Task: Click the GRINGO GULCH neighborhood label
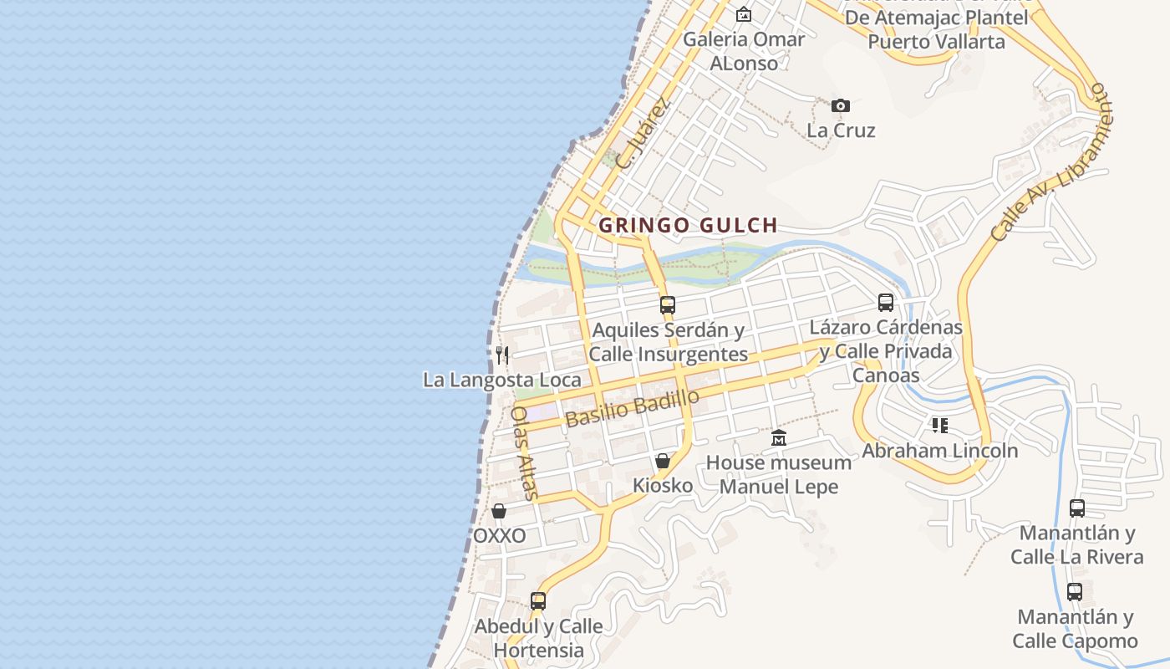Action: (688, 225)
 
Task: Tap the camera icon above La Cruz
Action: (841, 105)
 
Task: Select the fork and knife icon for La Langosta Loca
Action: (501, 355)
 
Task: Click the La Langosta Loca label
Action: (501, 380)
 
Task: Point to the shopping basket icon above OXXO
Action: (499, 511)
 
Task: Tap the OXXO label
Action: (500, 536)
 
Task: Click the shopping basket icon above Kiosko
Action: (663, 461)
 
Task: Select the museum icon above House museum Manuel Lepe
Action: (779, 438)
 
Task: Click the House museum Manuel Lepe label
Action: (779, 474)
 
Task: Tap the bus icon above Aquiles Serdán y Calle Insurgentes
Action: (667, 305)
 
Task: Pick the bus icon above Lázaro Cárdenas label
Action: (886, 303)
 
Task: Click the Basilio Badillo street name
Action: (632, 409)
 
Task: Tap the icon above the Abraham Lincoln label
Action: (940, 426)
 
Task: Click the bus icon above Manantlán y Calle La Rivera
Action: (1077, 508)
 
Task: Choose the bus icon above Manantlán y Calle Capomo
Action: (1075, 592)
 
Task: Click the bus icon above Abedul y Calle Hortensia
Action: (538, 600)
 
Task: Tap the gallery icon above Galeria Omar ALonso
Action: (743, 14)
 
